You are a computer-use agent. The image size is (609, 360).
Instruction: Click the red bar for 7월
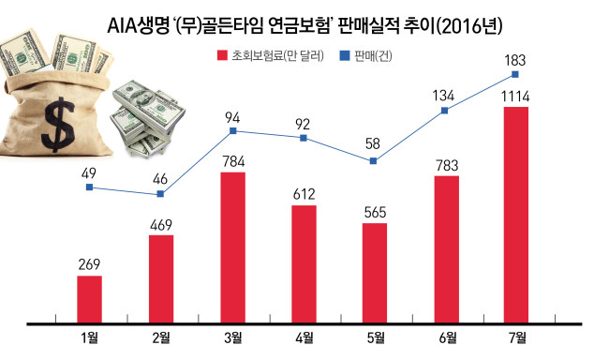516,215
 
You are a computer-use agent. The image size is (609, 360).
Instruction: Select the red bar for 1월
89,299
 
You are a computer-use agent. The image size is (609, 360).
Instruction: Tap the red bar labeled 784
233,247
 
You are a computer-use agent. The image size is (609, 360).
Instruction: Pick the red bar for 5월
375,273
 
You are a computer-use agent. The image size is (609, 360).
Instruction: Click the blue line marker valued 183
515,74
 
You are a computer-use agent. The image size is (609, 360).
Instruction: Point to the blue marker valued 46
160,194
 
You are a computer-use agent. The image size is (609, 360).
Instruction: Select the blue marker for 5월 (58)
373,161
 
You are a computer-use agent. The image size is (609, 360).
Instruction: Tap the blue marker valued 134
445,111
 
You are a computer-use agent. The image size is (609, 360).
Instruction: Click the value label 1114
515,97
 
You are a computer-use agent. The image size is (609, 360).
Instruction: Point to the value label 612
304,194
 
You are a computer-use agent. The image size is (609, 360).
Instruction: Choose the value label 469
161,225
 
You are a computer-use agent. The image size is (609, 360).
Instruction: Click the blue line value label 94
232,118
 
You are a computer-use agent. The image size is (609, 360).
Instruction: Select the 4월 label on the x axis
304,337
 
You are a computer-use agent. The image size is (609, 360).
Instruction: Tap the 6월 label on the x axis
447,337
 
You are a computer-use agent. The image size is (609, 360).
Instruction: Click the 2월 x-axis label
161,337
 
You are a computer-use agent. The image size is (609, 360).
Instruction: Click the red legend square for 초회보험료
222,55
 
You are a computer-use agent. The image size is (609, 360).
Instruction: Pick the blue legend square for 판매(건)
345,55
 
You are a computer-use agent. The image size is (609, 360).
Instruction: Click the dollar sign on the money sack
58,125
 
